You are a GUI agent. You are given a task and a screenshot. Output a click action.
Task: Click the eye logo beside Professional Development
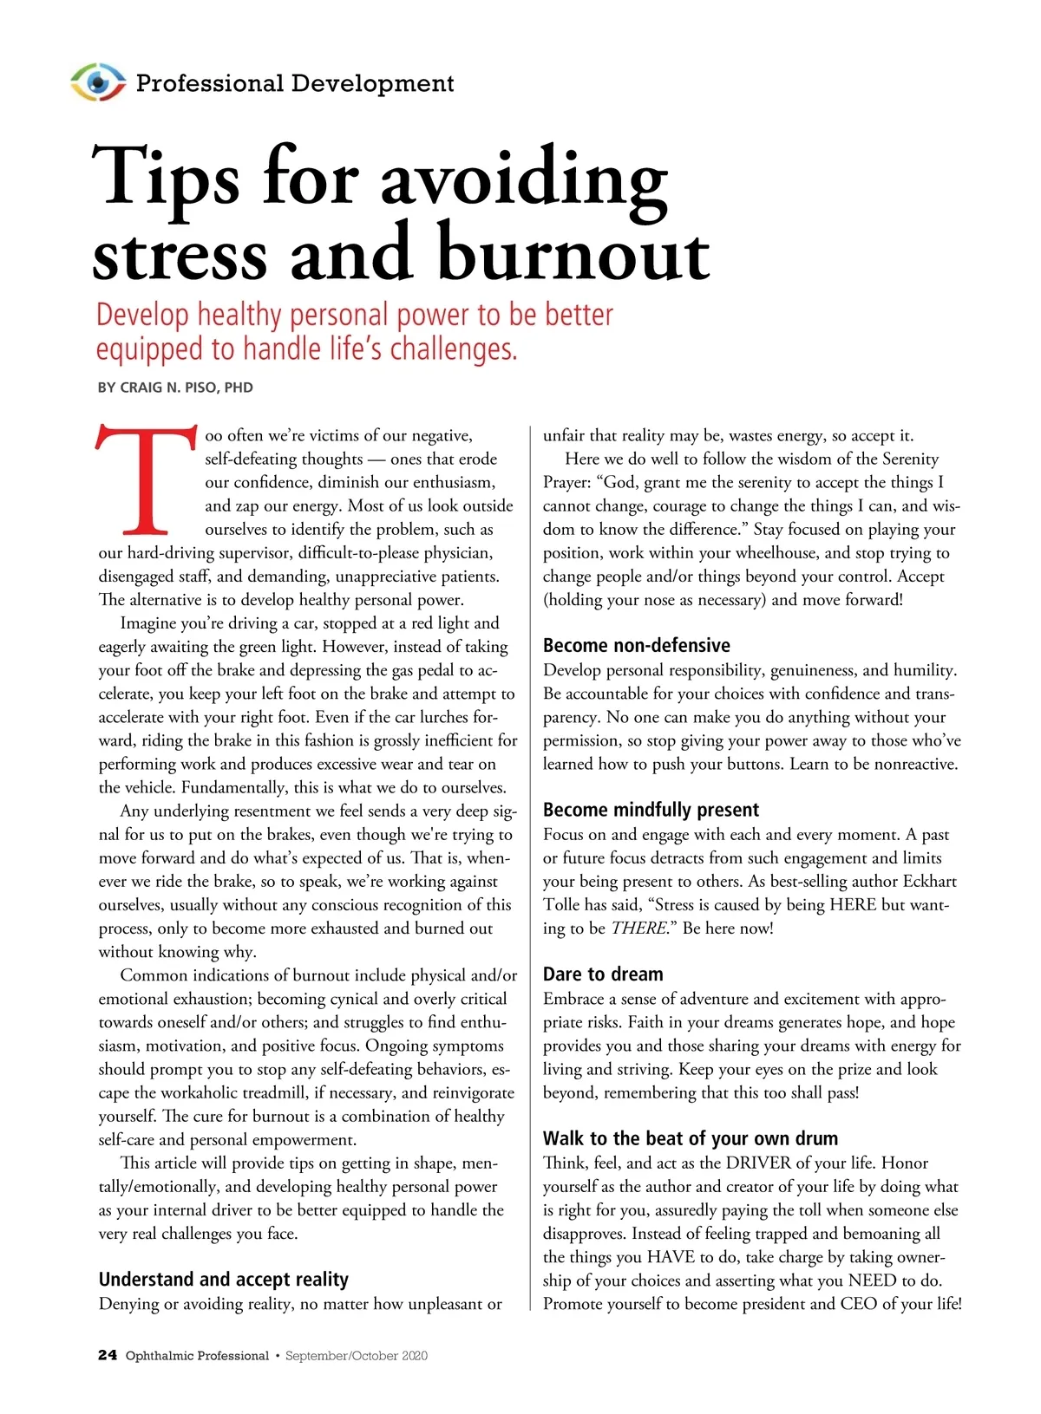97,82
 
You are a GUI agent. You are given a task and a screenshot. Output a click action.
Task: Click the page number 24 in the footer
108,1355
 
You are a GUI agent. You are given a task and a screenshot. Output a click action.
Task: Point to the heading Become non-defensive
636,645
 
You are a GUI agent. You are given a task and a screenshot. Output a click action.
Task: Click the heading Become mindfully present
651,810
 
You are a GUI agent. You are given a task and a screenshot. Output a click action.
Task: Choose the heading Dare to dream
603,974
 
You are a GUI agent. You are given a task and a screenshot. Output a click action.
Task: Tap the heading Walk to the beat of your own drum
690,1138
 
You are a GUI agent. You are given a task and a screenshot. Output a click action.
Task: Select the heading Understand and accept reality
223,1280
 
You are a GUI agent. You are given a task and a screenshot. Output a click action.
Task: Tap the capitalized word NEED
872,1280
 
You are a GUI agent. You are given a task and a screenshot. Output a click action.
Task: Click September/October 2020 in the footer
356,1355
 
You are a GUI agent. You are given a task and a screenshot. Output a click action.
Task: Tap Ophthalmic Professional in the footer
197,1355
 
